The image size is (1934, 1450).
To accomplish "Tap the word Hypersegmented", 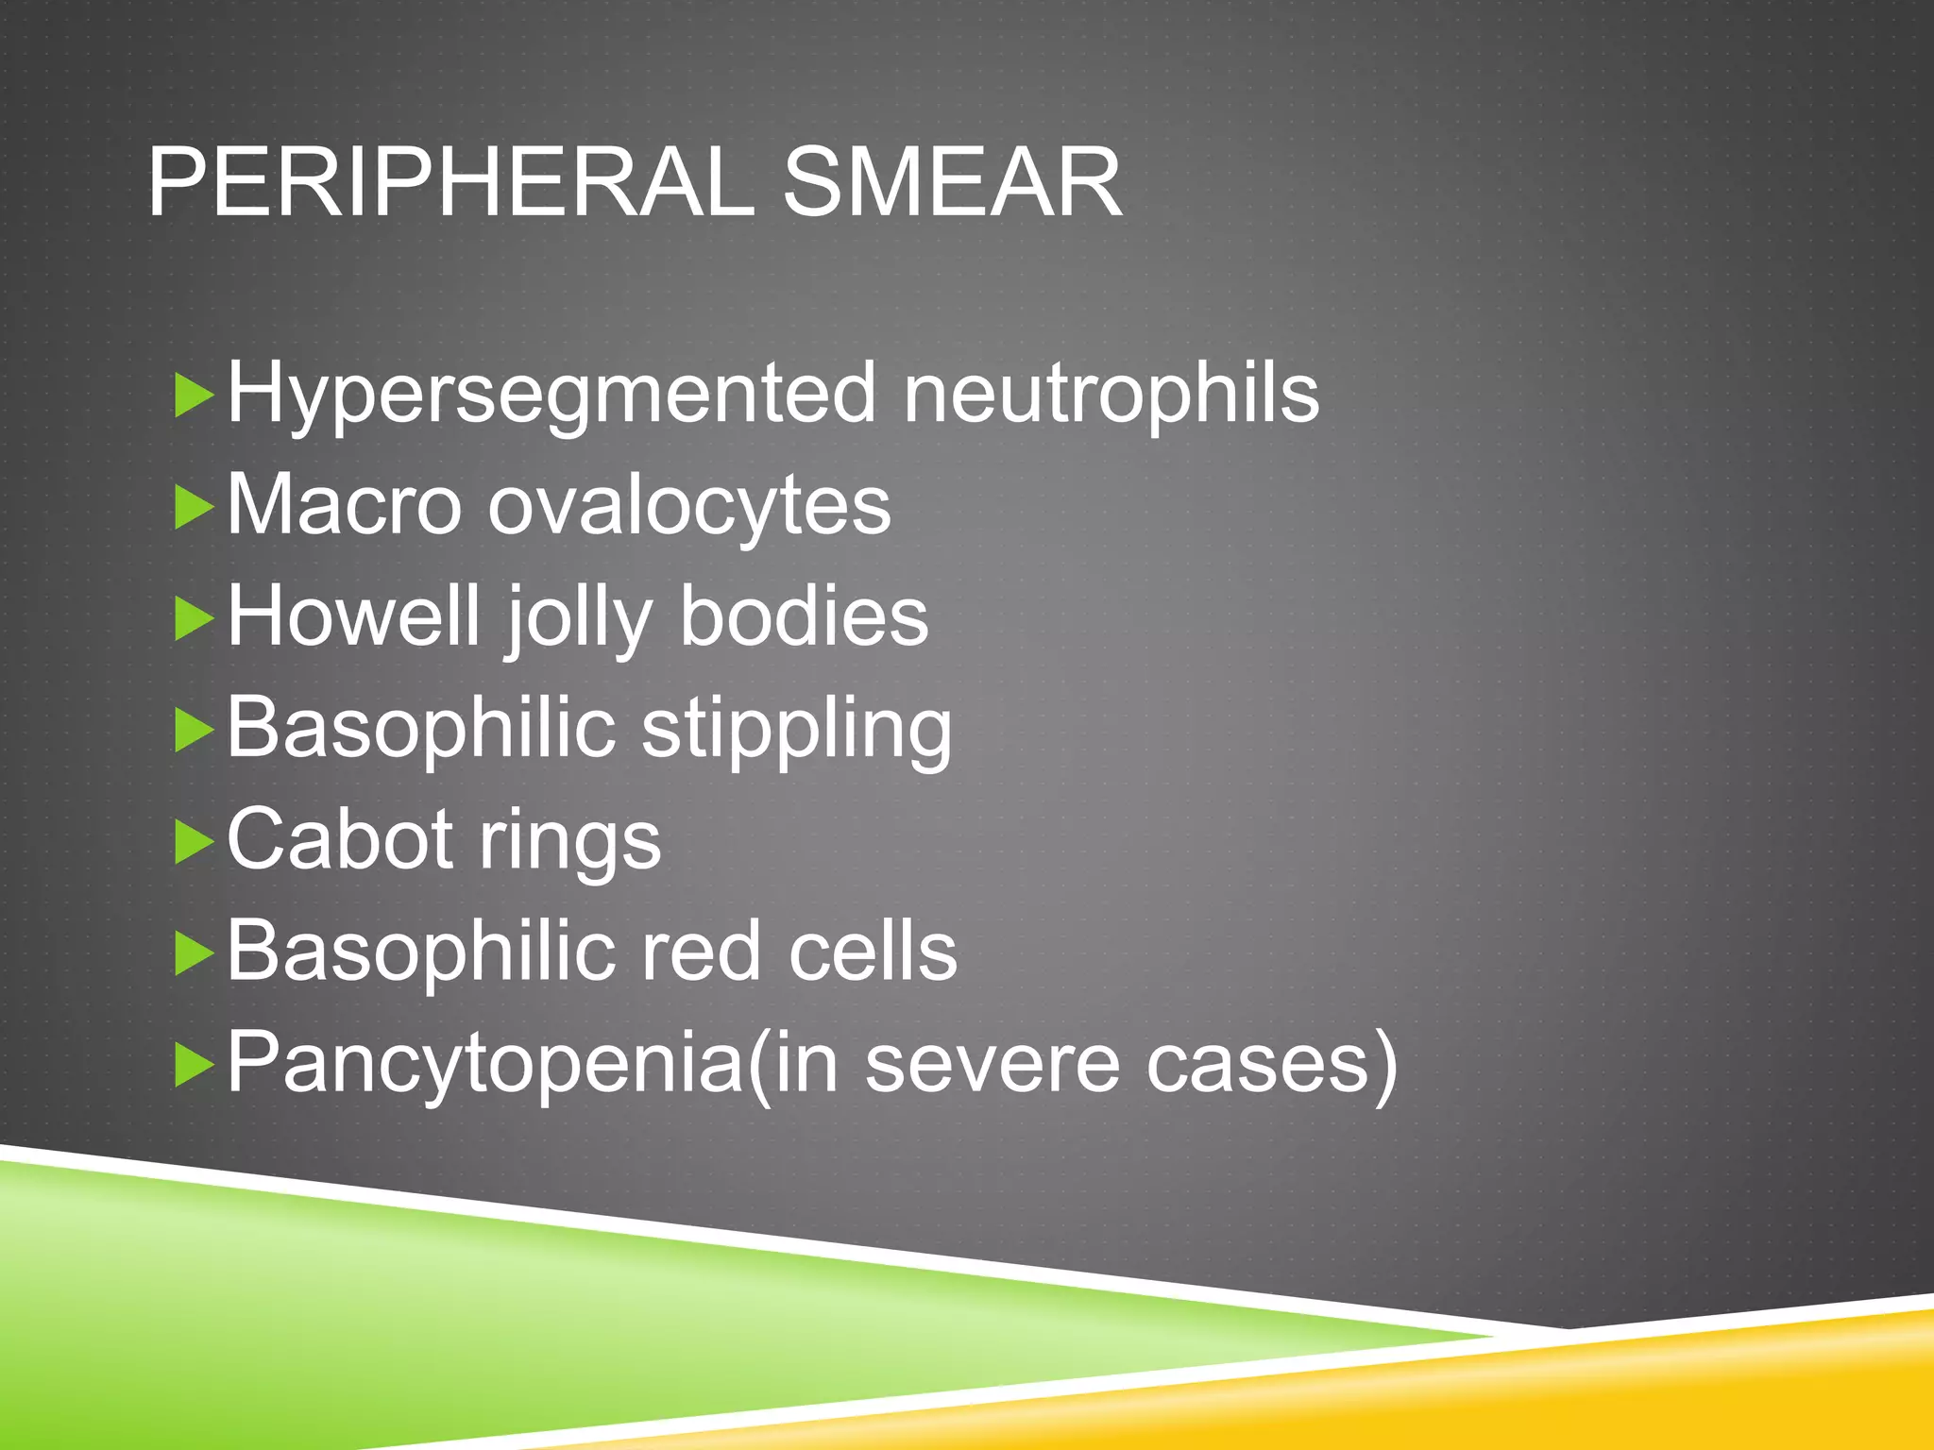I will (x=551, y=395).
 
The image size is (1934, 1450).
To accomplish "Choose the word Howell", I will (x=353, y=615).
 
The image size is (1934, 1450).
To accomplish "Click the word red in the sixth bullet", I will (x=701, y=951).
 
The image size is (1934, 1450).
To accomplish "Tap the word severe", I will (x=992, y=1064).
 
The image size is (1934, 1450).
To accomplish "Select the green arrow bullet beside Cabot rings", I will (x=195, y=842).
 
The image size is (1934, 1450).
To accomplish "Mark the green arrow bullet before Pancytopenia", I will (x=195, y=1065).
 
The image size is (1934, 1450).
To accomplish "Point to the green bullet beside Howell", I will (x=195, y=619).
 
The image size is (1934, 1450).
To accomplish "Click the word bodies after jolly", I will (x=804, y=615).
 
